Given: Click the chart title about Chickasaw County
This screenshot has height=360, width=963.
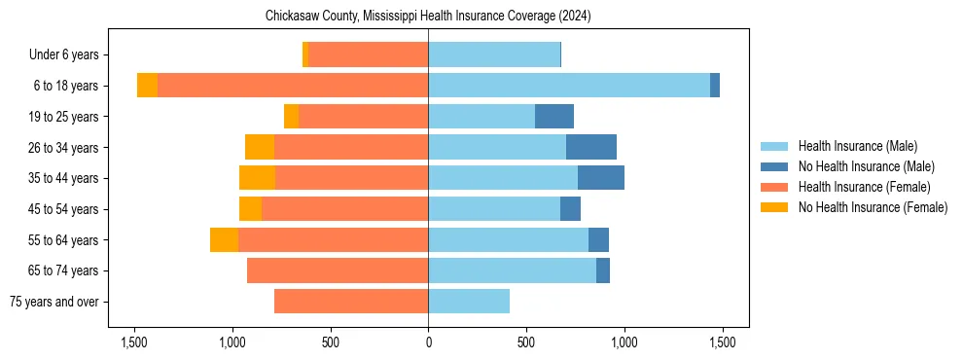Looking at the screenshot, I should pyautogui.click(x=428, y=17).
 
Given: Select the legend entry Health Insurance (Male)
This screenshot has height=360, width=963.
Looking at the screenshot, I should pyautogui.click(x=857, y=146).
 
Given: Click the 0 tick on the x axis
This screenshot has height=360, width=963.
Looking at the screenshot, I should pyautogui.click(x=428, y=342).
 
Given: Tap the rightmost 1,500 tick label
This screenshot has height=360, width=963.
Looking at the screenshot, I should pyautogui.click(x=722, y=342).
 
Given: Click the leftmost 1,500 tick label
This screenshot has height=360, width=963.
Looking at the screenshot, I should pyautogui.click(x=134, y=342).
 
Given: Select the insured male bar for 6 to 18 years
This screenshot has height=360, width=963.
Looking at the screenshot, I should pyautogui.click(x=569, y=86).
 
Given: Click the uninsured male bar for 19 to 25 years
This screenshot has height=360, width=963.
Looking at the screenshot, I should pyautogui.click(x=554, y=117).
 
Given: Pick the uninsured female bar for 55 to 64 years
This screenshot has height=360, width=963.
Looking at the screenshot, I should pyautogui.click(x=224, y=240).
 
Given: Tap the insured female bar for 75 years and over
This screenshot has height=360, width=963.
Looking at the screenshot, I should pyautogui.click(x=351, y=302).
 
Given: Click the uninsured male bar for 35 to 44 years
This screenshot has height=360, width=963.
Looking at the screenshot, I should pyautogui.click(x=601, y=178).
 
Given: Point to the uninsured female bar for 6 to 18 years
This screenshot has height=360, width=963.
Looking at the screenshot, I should pyautogui.click(x=147, y=86).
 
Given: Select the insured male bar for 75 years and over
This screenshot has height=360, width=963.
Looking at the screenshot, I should pyautogui.click(x=469, y=302).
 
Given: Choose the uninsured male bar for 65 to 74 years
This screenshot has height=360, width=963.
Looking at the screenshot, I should pyautogui.click(x=603, y=270).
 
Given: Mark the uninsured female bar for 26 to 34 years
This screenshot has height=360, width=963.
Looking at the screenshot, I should pyautogui.click(x=260, y=147).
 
